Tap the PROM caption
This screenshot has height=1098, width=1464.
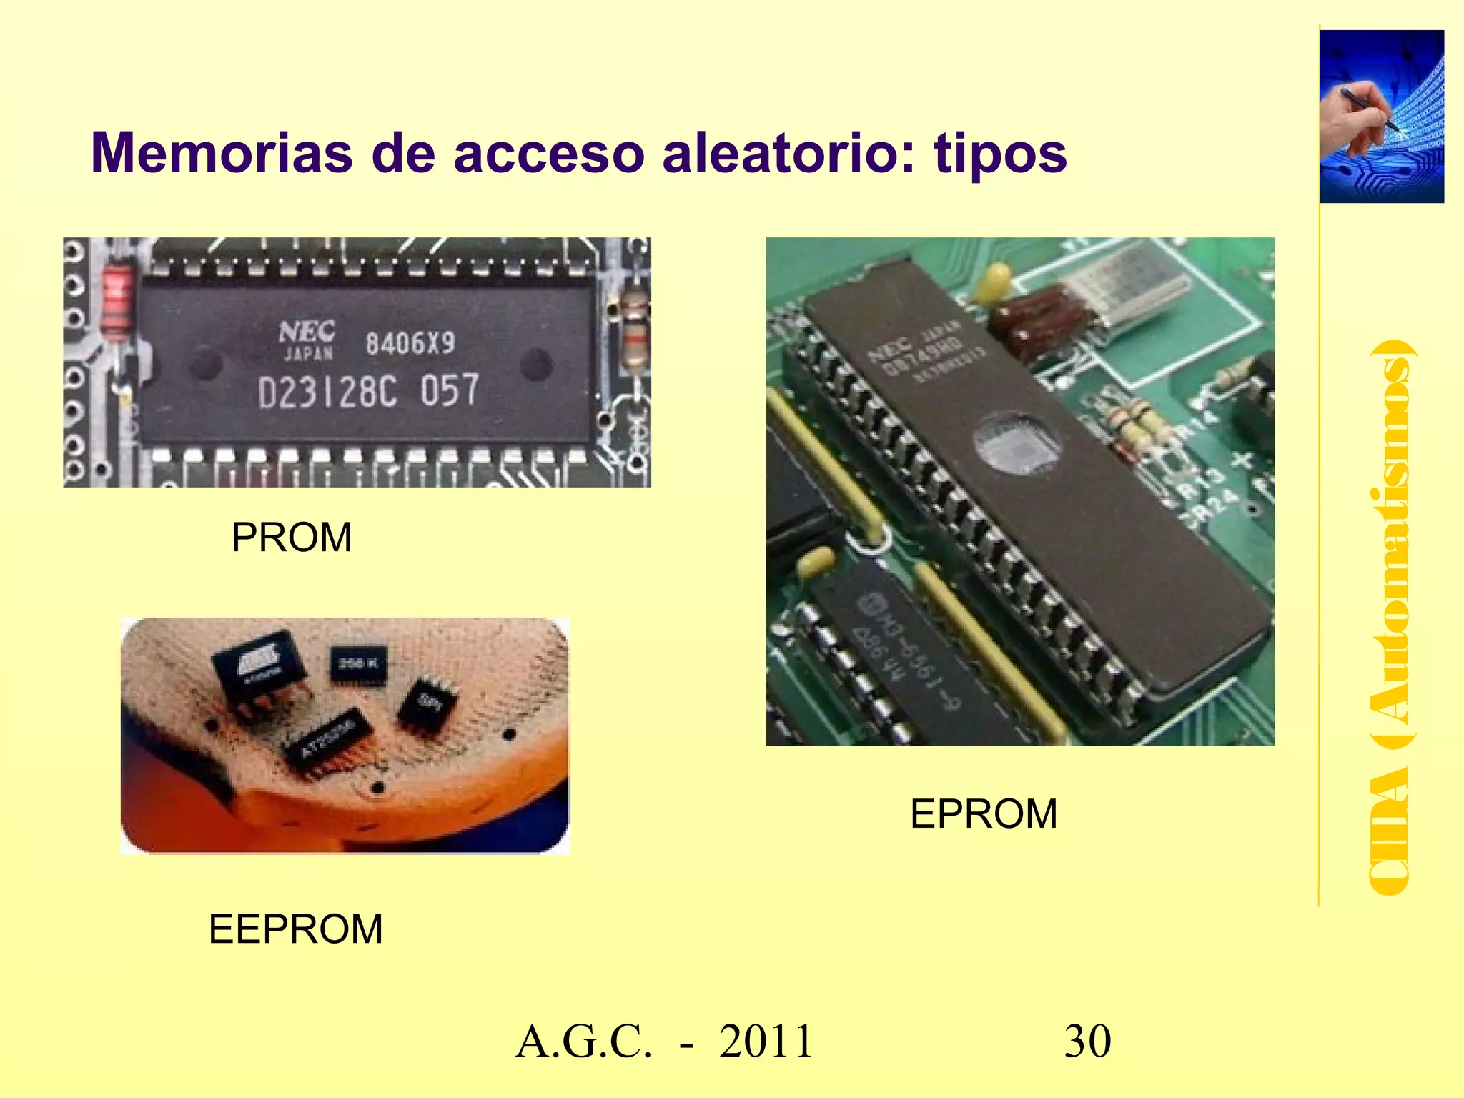tap(292, 538)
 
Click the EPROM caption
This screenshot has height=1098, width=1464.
tap(984, 813)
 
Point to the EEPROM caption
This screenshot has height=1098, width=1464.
tap(296, 929)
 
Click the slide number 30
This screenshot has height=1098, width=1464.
tap(1087, 1041)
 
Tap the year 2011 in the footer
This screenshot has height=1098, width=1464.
tap(766, 1041)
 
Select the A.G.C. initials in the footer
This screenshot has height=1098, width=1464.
tap(583, 1041)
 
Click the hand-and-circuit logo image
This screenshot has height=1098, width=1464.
tap(1381, 117)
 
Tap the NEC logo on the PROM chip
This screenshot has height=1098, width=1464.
tap(307, 332)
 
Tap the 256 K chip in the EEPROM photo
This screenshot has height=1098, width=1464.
tap(357, 664)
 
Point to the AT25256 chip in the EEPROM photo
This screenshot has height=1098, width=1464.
tap(327, 742)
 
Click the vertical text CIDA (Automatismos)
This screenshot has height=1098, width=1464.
tap(1389, 618)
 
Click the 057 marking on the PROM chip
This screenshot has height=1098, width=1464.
tap(449, 390)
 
